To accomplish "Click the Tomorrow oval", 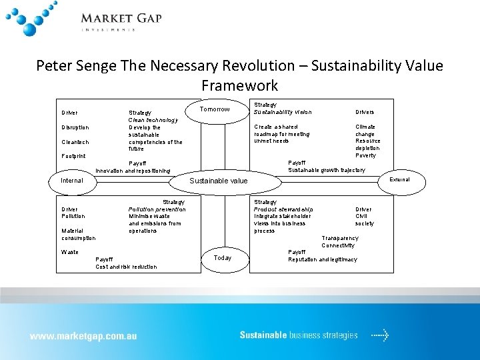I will (x=215, y=110).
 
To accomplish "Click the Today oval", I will (x=223, y=258).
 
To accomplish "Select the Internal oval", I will (x=72, y=180).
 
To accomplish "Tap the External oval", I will (x=399, y=180).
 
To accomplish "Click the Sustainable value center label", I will (x=219, y=181).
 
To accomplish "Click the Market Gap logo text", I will (x=121, y=19).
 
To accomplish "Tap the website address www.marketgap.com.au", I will (x=83, y=336).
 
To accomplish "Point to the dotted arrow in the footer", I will (x=379, y=335).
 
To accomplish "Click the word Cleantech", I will (x=75, y=142).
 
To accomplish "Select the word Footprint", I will (x=73, y=156).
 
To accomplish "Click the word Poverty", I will (x=366, y=155).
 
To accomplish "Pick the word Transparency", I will (x=340, y=238).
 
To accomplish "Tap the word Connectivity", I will (x=338, y=245).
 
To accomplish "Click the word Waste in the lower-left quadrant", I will (x=69, y=252).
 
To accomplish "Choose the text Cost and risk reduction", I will (x=127, y=267).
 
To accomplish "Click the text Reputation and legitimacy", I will (x=323, y=259).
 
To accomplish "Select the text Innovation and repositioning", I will (x=133, y=171).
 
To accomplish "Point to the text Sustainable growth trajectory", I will (x=327, y=170).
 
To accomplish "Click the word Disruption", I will (x=75, y=127).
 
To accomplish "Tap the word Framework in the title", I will (x=239, y=85).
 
